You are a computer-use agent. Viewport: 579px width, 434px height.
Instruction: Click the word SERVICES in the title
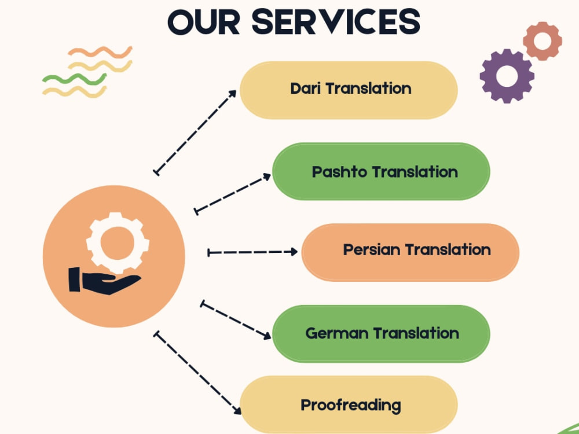pyautogui.click(x=336, y=22)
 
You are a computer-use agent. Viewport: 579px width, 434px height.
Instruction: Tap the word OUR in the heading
pyautogui.click(x=203, y=22)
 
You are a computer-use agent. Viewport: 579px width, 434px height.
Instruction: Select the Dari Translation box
pyautogui.click(x=349, y=90)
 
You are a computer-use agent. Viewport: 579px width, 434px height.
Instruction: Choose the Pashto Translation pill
pyautogui.click(x=381, y=171)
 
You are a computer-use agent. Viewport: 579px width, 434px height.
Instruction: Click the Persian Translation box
pyautogui.click(x=411, y=252)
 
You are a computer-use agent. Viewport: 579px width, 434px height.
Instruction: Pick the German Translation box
pyautogui.click(x=381, y=334)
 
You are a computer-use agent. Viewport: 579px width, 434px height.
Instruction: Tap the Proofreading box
pyautogui.click(x=349, y=404)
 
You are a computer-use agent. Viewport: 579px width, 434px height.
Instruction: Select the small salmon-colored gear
pyautogui.click(x=543, y=41)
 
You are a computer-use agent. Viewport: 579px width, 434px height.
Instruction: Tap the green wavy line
pyautogui.click(x=74, y=79)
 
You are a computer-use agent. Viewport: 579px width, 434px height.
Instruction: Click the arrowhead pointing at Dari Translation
pyautogui.click(x=232, y=94)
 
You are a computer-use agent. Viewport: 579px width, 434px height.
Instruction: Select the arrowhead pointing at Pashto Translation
pyautogui.click(x=266, y=177)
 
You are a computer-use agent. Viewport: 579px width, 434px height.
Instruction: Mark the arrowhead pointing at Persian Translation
pyautogui.click(x=294, y=252)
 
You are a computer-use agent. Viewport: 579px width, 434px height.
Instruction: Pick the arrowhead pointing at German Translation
pyautogui.click(x=266, y=335)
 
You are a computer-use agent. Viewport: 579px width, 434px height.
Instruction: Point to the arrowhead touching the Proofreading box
pyautogui.click(x=237, y=410)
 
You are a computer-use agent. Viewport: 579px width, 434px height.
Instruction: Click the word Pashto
pyautogui.click(x=340, y=172)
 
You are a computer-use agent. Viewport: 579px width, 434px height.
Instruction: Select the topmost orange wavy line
pyautogui.click(x=100, y=52)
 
